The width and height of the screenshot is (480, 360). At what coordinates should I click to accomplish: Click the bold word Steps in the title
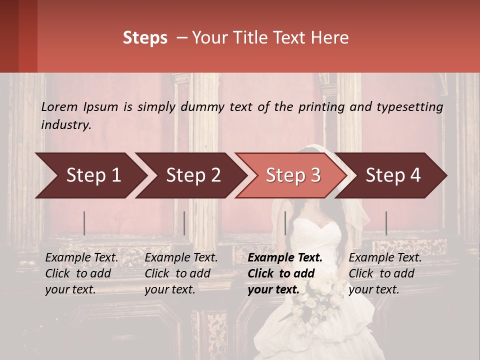coord(145,38)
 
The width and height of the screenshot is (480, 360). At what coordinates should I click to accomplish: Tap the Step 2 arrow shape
coord(190,175)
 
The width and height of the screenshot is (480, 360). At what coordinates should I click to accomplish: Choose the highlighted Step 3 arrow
coord(291,175)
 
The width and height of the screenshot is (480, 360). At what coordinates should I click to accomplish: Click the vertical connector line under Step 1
coord(84,223)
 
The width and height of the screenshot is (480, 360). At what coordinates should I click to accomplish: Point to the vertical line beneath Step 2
coord(184,223)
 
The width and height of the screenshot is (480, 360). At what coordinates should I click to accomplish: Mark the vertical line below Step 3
coord(285,223)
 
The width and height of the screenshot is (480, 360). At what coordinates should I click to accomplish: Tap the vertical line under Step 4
coord(386,223)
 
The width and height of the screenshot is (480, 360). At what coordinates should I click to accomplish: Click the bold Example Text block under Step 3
coord(285,273)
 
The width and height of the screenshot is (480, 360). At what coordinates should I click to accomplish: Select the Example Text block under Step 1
coord(81,273)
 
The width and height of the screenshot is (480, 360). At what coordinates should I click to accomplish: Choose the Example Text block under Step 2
coord(181,273)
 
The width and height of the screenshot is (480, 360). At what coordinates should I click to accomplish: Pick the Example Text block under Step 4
coord(385,273)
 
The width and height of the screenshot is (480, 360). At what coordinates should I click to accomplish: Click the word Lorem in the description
coord(59,107)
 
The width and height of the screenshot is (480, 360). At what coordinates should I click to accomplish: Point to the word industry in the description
coord(66,125)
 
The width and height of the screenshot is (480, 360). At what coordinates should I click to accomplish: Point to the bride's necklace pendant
coord(318,218)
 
